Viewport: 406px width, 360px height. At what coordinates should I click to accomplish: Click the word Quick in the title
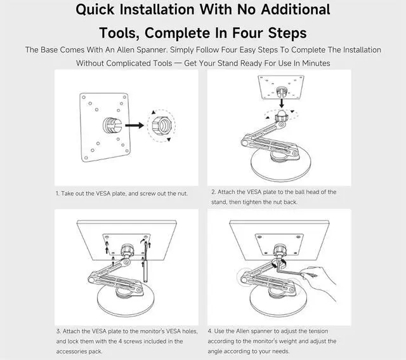pos(95,10)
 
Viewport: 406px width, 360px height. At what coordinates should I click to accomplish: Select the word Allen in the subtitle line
pos(126,50)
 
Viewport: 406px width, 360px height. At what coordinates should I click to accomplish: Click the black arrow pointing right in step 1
pos(134,126)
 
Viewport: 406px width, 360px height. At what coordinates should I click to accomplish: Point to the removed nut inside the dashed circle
pos(160,125)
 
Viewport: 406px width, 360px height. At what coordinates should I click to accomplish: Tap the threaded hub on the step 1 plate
pos(112,125)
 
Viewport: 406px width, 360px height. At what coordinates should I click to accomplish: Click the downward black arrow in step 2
pos(282,103)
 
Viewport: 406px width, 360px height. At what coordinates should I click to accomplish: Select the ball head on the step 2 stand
pos(282,114)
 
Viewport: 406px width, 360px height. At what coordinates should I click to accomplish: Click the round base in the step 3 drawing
pos(126,301)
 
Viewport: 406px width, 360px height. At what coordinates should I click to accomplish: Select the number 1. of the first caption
pos(58,194)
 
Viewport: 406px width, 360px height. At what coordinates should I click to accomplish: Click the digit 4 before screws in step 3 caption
pos(120,342)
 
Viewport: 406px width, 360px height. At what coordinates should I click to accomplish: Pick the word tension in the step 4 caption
pos(318,331)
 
